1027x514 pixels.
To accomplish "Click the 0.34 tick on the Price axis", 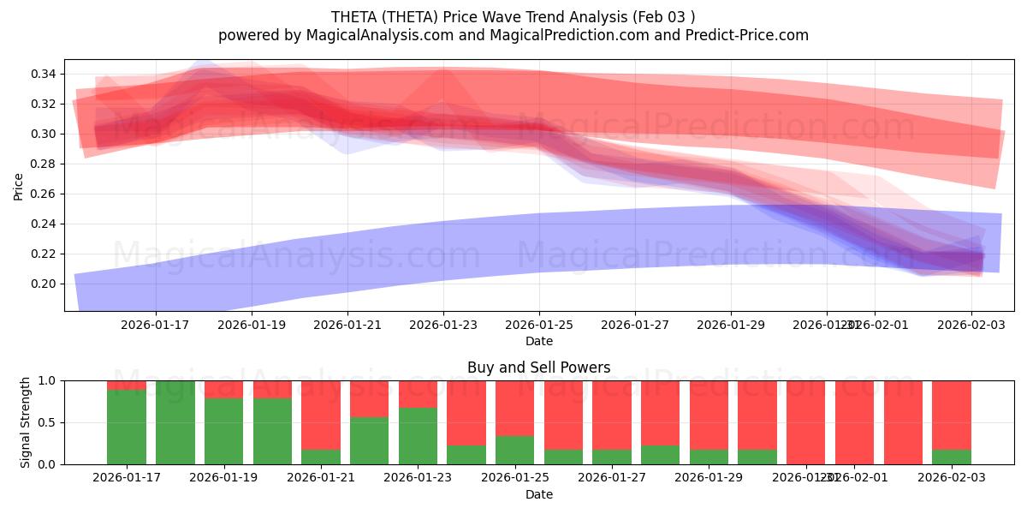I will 45,75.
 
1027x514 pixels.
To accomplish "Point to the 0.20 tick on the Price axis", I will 45,284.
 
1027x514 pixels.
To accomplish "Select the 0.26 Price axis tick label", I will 45,194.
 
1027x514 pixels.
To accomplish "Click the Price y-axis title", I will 18,186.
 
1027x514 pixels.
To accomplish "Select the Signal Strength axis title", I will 26,422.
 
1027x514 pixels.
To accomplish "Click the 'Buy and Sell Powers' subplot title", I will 538,368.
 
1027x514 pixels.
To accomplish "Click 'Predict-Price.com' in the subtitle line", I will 744,35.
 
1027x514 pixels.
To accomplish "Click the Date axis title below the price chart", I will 538,341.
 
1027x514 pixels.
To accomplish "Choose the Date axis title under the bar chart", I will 538,494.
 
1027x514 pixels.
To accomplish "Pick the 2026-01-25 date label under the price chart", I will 538,325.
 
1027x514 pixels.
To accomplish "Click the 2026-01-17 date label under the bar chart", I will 127,478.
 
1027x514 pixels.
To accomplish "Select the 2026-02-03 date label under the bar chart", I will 951,478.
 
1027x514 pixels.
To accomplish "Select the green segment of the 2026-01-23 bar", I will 418,436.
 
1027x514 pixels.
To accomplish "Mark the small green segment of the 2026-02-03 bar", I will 951,457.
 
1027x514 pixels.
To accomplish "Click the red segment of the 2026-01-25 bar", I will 514,408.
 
